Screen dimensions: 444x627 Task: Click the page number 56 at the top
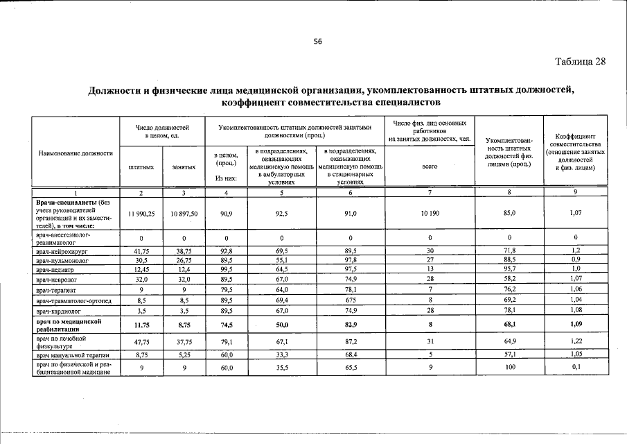point(318,42)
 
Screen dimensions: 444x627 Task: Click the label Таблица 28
point(581,61)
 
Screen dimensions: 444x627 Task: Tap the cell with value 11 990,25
point(141,214)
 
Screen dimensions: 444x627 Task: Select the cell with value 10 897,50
point(184,214)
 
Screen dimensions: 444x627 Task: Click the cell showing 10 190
point(430,214)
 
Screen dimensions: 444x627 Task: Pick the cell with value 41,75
point(141,250)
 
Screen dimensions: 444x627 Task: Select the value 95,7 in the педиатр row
point(510,269)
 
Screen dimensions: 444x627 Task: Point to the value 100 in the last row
point(510,368)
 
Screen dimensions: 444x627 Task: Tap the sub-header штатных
point(141,166)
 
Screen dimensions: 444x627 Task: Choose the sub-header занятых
point(184,166)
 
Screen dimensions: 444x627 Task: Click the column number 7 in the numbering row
point(430,191)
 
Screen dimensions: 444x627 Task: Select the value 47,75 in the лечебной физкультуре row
point(141,342)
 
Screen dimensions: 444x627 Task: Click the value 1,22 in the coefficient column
point(576,342)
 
